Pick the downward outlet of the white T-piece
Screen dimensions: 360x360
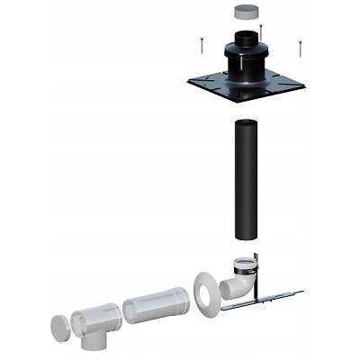92,342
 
